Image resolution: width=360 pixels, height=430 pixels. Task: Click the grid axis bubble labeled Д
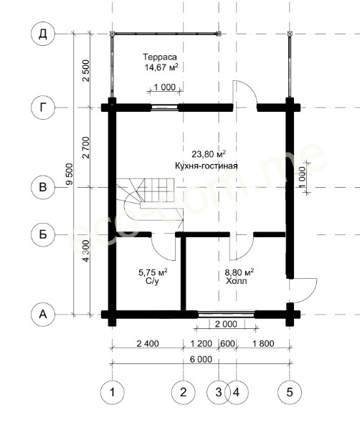pos(43,34)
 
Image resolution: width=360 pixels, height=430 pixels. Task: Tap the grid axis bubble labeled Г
pos(43,107)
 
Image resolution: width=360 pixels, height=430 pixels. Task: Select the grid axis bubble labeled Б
pos(43,235)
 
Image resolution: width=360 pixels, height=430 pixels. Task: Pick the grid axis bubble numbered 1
pos(112,392)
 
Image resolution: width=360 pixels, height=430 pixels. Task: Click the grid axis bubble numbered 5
pos(290,392)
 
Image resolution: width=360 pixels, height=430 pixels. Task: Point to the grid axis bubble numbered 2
pos(184,392)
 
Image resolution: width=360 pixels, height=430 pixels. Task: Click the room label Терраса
pos(160,57)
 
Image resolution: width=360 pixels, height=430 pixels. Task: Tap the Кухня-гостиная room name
pos(207,166)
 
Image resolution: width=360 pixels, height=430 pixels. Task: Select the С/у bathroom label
pos(153,282)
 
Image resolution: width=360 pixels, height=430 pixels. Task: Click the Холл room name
pos(237,281)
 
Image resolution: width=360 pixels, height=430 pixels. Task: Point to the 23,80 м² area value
pos(209,154)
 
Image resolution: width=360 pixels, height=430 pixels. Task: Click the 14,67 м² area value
pos(161,67)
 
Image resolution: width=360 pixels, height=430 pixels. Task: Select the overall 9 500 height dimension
pos(70,174)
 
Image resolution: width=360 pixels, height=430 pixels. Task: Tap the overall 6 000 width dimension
pos(201,359)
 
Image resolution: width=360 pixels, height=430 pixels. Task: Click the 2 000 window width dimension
pos(226,324)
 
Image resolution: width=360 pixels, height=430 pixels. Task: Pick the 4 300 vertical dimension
pos(86,251)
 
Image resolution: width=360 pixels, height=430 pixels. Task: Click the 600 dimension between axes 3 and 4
pos(227,343)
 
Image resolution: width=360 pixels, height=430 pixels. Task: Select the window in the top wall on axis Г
pos(165,107)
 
